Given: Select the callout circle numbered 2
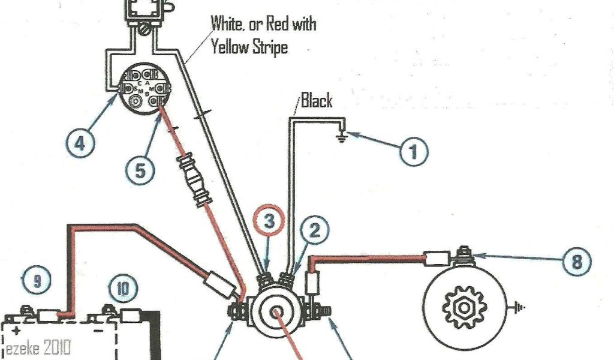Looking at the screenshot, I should (316, 229).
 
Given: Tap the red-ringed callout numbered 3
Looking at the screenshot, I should (270, 221).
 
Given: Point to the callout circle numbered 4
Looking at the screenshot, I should (80, 143).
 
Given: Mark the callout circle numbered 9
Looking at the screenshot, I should (37, 281).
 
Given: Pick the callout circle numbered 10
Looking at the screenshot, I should (122, 289).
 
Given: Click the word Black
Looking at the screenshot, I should (317, 100).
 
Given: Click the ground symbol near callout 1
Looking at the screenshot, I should (341, 136).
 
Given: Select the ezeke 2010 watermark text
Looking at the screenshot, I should (38, 347).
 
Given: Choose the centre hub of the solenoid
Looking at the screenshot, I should (276, 313).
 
